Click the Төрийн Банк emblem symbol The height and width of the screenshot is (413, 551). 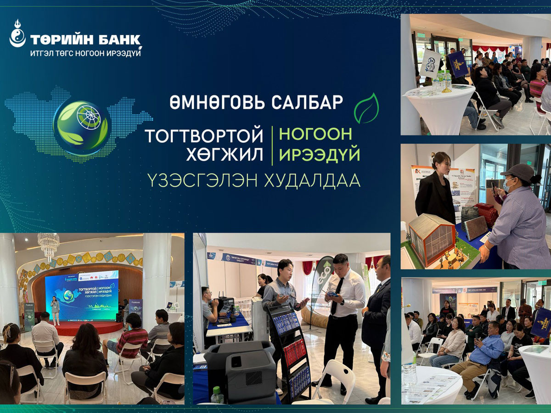17,34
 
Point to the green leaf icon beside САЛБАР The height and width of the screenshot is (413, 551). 367,109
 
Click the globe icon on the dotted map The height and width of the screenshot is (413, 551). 82,121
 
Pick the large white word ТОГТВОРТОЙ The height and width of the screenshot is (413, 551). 204,135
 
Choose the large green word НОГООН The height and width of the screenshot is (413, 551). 316,134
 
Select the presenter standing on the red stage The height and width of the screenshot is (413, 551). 55,310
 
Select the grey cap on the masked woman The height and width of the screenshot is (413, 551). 518,172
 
